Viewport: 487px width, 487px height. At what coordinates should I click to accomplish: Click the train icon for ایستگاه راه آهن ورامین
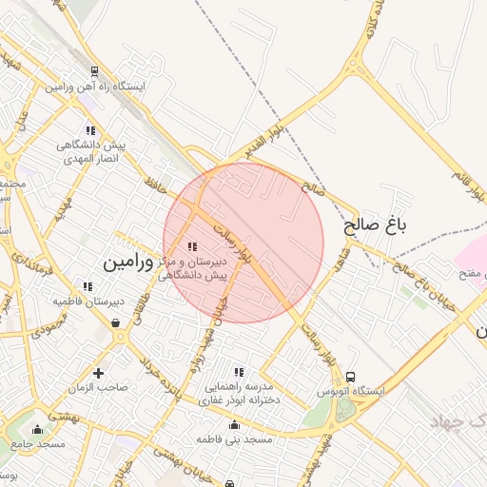95,71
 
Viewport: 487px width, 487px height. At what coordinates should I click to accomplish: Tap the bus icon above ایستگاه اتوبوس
351,378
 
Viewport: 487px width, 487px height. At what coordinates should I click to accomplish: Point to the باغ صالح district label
375,225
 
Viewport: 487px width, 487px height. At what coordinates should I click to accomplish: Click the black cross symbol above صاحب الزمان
98,372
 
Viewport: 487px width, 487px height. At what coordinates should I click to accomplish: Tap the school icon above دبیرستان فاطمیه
88,286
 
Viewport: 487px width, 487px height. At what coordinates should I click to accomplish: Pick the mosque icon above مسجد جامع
38,430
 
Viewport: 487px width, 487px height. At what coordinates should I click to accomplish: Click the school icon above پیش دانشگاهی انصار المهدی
90,130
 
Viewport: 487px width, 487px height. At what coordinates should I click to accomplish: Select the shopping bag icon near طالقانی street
116,323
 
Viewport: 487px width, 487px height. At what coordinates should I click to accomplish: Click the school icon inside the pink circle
194,246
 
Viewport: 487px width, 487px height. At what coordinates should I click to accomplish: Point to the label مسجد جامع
39,445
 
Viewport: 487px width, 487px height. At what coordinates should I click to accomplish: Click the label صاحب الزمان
98,387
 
